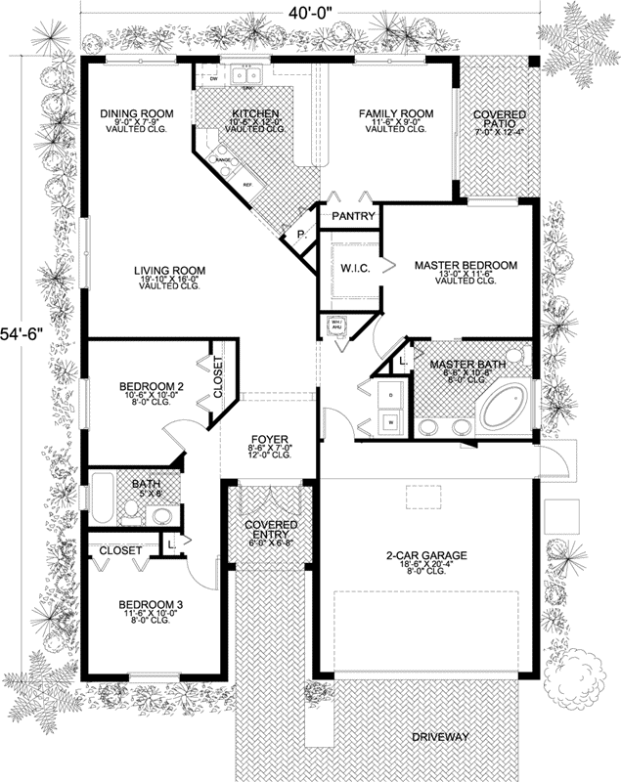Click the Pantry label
tap(350, 215)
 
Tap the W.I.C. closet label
tap(353, 267)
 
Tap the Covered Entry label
tap(270, 531)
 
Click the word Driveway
tap(440, 736)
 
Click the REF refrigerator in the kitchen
tap(248, 183)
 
